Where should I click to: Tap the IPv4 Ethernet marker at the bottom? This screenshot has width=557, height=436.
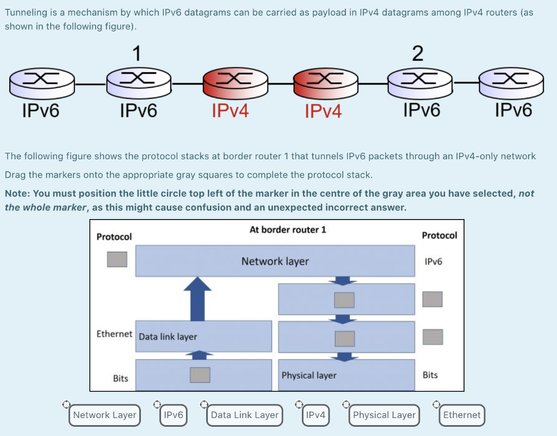(461, 415)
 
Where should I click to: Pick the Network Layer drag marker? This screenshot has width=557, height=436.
(104, 415)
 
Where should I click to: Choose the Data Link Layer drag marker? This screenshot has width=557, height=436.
(244, 415)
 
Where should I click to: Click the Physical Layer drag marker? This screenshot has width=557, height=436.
(384, 415)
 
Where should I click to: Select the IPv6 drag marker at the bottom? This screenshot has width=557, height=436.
(173, 415)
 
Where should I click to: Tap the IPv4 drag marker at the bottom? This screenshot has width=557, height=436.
(315, 415)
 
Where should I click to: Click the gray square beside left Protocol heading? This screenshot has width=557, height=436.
(117, 259)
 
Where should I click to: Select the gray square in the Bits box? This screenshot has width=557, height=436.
(200, 375)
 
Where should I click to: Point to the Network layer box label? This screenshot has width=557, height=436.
(275, 261)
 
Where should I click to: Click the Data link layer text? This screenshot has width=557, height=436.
(168, 337)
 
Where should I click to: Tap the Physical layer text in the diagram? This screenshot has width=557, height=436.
(308, 375)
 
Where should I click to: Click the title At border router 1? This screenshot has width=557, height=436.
(288, 229)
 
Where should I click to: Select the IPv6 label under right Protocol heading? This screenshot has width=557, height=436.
(433, 261)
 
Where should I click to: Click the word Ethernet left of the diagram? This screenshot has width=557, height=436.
(114, 334)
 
